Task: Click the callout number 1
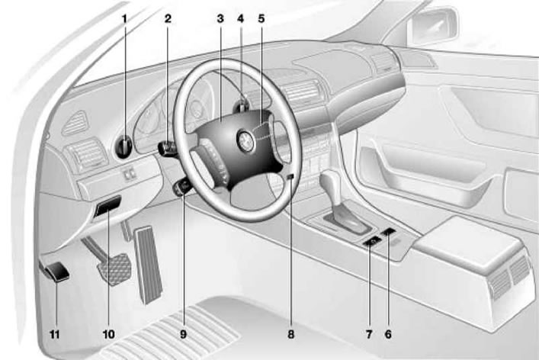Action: point(125,18)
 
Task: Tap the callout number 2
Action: point(168,18)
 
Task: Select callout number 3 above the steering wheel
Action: point(220,18)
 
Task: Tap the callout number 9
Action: point(183,334)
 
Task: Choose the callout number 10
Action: point(108,334)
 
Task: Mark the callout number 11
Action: point(55,334)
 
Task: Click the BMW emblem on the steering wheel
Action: point(246,140)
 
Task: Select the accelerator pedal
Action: point(148,265)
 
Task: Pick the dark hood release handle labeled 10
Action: point(107,206)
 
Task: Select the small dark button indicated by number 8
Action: point(290,177)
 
